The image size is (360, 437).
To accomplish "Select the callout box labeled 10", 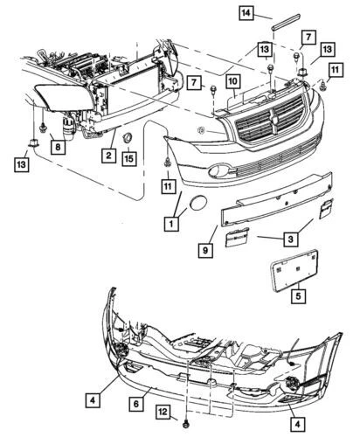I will (234, 82).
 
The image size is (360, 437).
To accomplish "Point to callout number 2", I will (108, 156).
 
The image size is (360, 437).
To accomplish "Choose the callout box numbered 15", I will (128, 158).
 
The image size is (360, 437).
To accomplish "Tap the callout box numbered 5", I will (298, 296).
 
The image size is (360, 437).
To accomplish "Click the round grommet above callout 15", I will (128, 137).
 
